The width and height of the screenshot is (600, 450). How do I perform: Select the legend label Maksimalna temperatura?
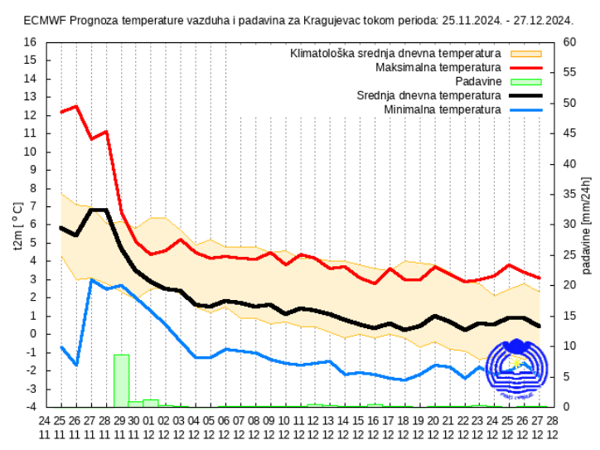click(438, 67)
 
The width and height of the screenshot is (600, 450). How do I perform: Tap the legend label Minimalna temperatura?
click(443, 109)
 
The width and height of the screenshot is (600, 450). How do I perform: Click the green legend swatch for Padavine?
click(525, 81)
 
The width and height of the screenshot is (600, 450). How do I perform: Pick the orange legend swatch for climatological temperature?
click(525, 53)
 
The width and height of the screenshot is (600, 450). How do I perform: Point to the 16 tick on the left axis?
click(30, 42)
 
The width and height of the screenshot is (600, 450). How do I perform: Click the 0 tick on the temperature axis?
click(33, 334)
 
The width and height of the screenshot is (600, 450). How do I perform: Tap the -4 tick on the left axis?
click(31, 407)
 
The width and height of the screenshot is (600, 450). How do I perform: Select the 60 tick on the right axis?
click(569, 42)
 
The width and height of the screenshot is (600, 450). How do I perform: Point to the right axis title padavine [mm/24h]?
click(588, 225)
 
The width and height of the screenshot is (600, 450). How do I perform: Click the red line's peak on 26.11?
click(76, 106)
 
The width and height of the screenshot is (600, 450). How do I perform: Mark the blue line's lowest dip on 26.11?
click(76, 365)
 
